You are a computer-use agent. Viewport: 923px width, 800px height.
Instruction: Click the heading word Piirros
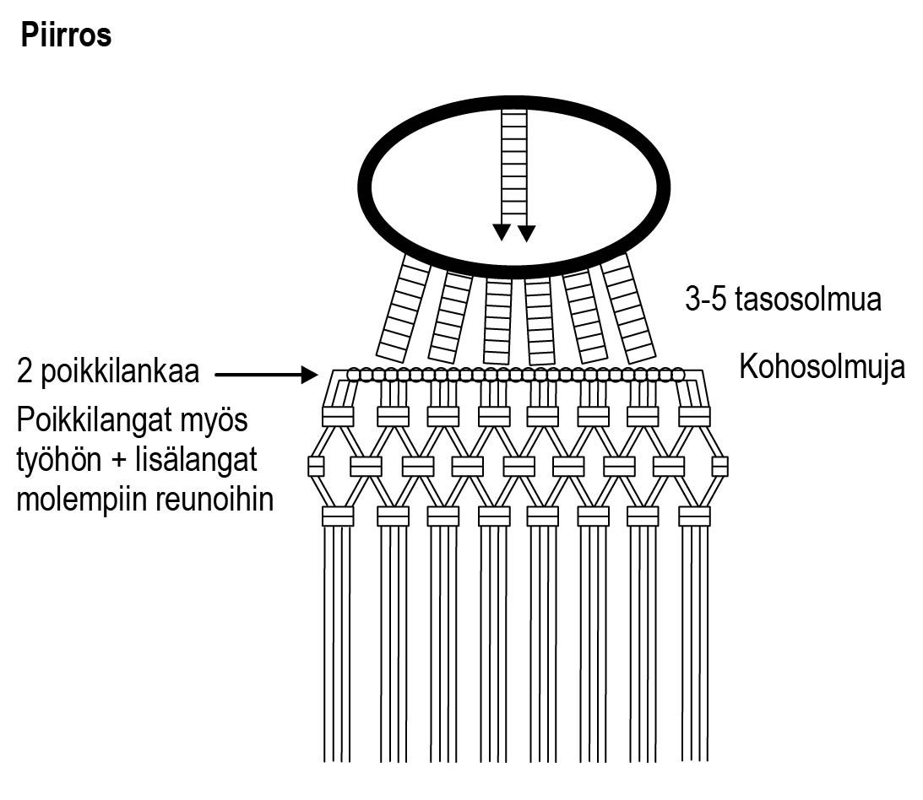[66, 36]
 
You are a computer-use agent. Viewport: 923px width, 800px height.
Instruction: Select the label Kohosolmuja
[822, 367]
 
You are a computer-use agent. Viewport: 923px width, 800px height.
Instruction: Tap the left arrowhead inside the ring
[502, 232]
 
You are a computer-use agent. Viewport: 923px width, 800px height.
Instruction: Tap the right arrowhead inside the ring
[526, 232]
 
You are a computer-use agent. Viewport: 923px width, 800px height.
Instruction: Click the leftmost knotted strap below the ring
[402, 309]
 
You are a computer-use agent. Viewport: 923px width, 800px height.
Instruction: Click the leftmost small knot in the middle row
[316, 466]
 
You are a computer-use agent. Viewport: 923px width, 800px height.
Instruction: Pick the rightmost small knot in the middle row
[719, 466]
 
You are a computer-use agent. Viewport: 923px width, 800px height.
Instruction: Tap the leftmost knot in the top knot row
[338, 416]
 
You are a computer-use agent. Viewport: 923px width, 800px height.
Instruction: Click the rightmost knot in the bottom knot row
[694, 516]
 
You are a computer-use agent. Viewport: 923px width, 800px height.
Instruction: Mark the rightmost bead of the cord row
[677, 374]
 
